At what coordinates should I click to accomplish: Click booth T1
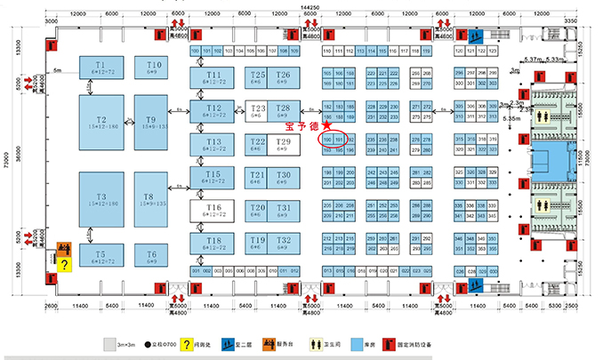[100, 68]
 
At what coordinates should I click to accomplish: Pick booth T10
[154, 68]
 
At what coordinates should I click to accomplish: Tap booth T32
[284, 244]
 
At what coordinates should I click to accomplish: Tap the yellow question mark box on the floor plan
[64, 263]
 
